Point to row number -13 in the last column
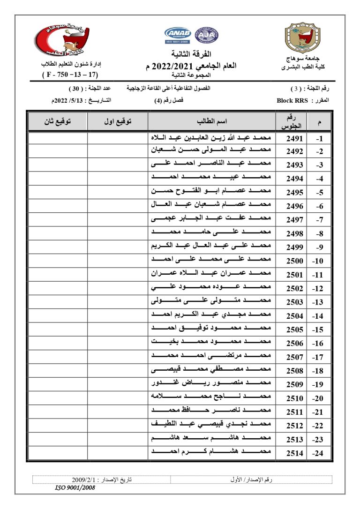pos(319,302)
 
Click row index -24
pos(319,453)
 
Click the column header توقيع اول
pos(117,121)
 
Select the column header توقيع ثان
pos(57,121)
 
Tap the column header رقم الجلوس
pos(294,121)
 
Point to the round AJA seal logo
pos(207,34)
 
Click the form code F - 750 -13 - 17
pos(70,75)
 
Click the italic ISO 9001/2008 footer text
pos(75,487)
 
